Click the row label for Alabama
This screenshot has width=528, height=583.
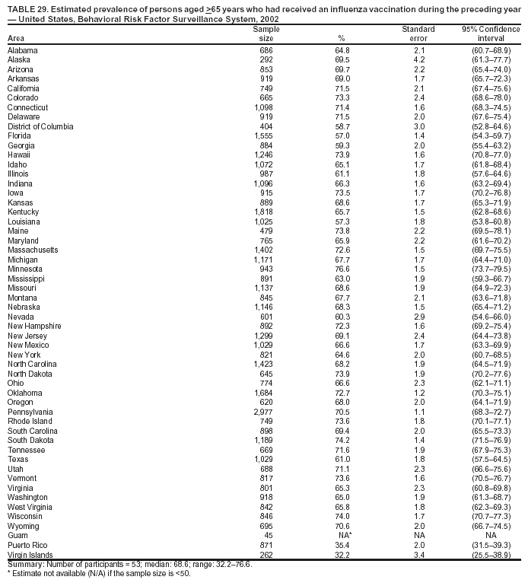23,49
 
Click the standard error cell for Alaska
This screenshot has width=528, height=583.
418,59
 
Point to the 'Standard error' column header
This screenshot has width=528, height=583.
418,33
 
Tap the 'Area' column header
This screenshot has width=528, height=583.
16,38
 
